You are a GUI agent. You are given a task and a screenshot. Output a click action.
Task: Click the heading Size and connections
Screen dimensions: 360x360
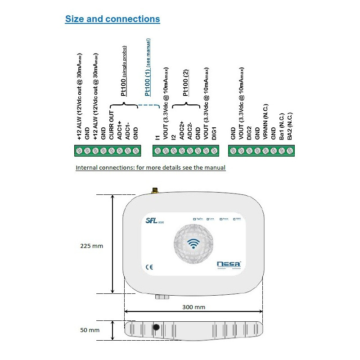point(112,19)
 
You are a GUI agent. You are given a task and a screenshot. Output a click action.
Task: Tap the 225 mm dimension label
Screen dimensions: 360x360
point(91,246)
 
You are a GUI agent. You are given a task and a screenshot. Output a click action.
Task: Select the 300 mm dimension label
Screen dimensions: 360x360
point(194,307)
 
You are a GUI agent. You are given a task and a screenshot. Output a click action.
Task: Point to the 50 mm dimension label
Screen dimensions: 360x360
point(90,330)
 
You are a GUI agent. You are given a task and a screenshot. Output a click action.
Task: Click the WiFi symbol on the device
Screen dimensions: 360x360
point(194,243)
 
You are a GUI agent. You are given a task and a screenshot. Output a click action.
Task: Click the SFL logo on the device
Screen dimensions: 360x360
point(153,220)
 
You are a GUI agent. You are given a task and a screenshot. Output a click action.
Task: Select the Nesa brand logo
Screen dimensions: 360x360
point(229,265)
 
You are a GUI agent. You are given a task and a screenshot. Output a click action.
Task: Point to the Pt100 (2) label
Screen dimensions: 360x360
point(185,81)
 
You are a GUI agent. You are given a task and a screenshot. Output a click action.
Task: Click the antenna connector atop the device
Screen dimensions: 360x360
point(153,191)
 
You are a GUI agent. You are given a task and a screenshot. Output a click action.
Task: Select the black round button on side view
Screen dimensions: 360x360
point(157,327)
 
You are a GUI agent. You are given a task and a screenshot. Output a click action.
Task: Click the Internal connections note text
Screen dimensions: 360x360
point(150,167)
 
